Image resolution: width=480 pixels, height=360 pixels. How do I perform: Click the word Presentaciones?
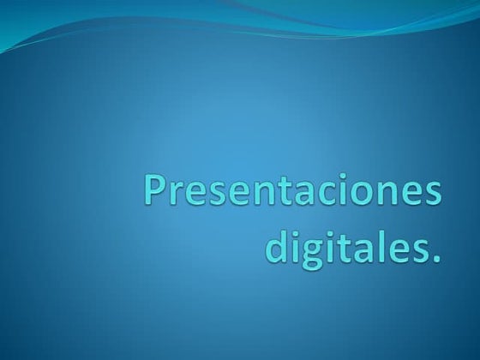(295, 191)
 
